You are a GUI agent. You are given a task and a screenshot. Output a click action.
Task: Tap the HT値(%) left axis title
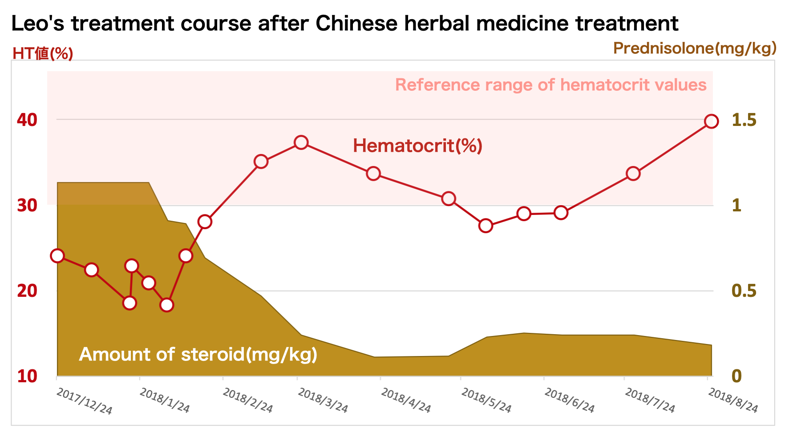coord(43,54)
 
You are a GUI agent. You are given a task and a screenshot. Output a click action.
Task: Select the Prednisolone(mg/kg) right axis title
coord(695,48)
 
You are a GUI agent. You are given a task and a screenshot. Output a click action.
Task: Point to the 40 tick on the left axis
coord(27,120)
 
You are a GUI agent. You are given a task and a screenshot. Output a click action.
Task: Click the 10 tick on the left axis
coord(27,376)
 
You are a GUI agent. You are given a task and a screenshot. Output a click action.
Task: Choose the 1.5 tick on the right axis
coord(744,120)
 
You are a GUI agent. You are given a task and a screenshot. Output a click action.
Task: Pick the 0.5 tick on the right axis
coord(744,291)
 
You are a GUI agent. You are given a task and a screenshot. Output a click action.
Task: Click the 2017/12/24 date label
coord(85,401)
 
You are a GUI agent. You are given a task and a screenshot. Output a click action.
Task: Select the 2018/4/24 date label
coord(406,401)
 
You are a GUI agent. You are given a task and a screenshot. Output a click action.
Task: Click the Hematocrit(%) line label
coord(417,146)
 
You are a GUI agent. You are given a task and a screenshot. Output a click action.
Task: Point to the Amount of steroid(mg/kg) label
coord(198,355)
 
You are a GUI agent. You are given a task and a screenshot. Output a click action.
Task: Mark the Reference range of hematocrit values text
coord(550,85)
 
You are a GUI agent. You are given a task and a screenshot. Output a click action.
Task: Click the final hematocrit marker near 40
coord(711,121)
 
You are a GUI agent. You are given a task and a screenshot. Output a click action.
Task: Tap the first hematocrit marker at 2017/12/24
coord(57,255)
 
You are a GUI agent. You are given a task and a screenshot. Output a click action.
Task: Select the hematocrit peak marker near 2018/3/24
coord(301,142)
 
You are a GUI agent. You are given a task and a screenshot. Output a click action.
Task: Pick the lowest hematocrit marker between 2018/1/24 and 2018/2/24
coord(166,305)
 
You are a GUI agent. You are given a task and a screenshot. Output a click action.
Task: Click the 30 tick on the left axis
coord(27,206)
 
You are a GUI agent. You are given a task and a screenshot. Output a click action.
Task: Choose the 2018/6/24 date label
coord(569,401)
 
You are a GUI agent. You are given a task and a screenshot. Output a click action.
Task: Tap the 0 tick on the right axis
coord(736,376)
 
